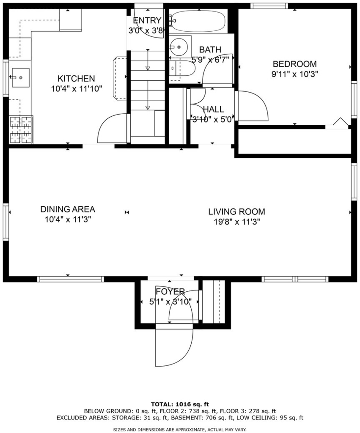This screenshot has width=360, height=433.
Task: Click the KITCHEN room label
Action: [76, 78]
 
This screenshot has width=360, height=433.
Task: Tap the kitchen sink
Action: [20, 78]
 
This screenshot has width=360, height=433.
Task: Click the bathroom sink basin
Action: [180, 47]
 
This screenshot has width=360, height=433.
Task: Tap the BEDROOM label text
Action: [295, 64]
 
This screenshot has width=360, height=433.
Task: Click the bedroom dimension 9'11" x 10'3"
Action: [295, 74]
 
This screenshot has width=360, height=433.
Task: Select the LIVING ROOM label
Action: [237, 212]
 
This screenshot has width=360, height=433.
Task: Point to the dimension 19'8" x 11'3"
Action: [237, 222]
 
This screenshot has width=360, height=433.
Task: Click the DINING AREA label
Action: [68, 209]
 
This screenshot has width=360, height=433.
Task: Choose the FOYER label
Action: [170, 292]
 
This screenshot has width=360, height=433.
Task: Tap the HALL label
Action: [214, 110]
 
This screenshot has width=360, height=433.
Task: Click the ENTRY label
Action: [147, 20]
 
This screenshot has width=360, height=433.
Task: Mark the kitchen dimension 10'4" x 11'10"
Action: [77, 89]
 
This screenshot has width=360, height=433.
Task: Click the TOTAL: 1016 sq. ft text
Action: [180, 405]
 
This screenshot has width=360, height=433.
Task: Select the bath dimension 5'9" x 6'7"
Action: [211, 60]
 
